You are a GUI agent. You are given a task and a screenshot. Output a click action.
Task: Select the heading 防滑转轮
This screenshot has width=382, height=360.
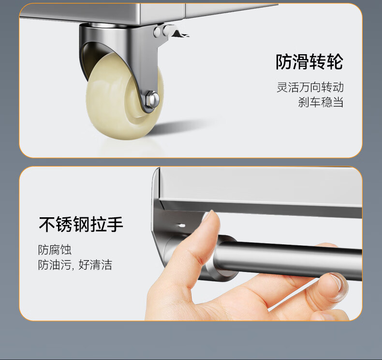click(309, 62)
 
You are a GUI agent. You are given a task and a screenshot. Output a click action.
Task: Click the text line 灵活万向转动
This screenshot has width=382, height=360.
click(310, 87)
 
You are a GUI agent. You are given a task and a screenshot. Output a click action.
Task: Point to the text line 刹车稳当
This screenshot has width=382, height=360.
click(321, 102)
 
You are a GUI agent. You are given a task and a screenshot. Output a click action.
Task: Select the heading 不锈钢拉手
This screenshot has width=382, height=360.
click(81, 224)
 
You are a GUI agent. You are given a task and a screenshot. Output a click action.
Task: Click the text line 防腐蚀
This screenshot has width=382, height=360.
click(55, 250)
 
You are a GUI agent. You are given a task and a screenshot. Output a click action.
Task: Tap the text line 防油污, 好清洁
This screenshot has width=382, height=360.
click(75, 265)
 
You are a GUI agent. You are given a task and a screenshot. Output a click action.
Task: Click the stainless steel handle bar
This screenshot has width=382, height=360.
click(288, 259)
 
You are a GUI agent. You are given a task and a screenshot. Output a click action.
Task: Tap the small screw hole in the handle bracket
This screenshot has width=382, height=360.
click(181, 225)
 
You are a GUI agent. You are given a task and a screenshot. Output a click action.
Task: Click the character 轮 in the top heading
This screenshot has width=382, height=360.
click(335, 62)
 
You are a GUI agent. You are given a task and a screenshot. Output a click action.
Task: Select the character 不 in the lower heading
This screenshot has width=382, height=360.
click(47, 224)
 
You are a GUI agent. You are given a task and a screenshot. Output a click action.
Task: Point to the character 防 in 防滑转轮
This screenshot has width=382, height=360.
click(284, 62)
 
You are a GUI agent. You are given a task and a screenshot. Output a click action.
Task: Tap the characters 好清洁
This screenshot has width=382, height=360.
click(96, 265)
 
